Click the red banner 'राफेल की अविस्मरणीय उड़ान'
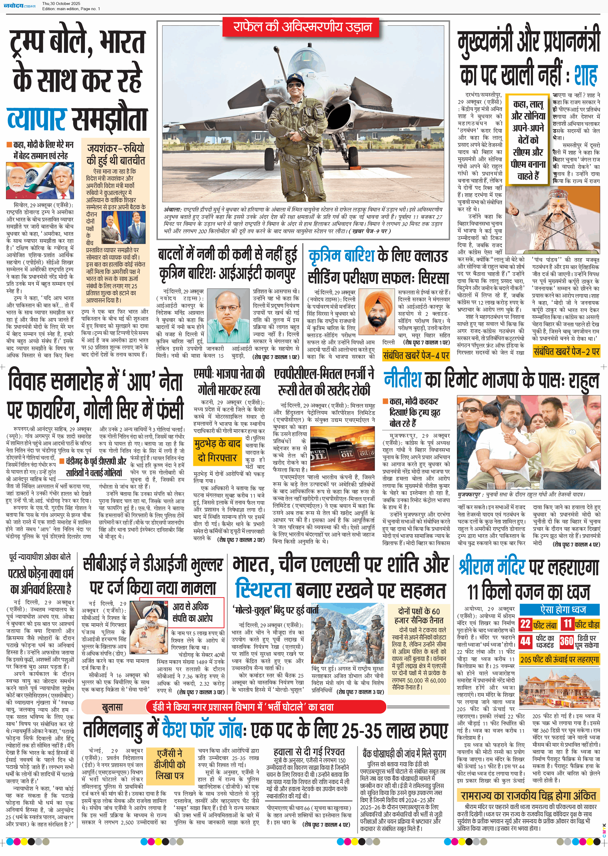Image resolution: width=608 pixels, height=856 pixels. [x=302, y=27]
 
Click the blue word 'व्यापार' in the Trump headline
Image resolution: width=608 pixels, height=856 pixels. [x=37, y=119]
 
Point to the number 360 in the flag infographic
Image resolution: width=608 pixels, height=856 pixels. [x=566, y=641]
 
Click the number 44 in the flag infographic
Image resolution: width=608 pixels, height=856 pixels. [x=525, y=641]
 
